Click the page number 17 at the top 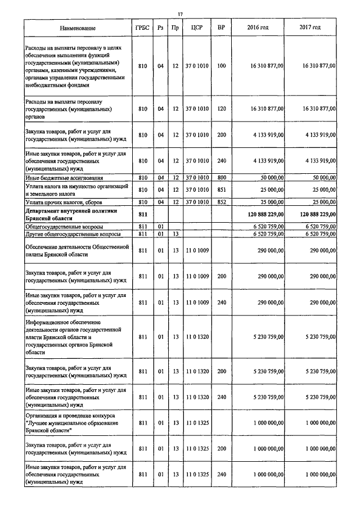pos(180,13)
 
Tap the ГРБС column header pos(142,28)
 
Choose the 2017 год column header pos(310,28)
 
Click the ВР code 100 pos(221,66)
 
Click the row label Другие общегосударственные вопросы pos(69,233)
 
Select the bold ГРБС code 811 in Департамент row pos(142,214)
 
